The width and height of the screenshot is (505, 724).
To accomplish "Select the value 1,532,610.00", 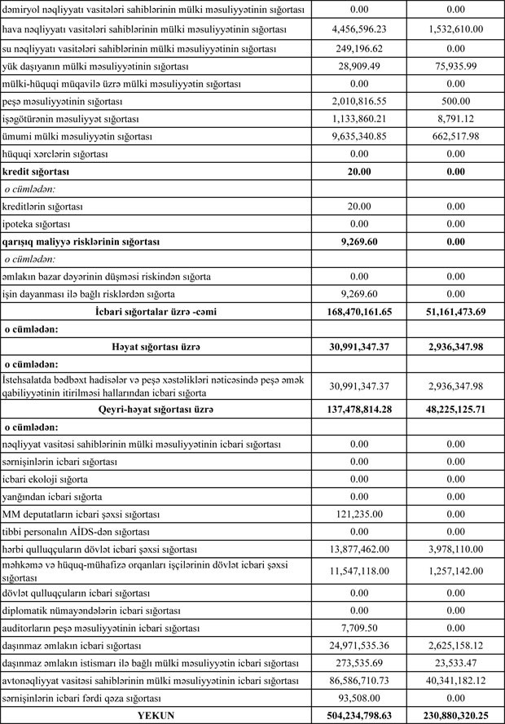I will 455,29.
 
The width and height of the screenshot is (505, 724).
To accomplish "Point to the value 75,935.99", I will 455,66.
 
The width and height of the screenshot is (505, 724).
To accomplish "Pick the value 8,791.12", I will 455,119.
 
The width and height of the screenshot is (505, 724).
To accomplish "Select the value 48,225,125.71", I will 455,409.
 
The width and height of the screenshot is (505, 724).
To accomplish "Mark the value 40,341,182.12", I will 455,681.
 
